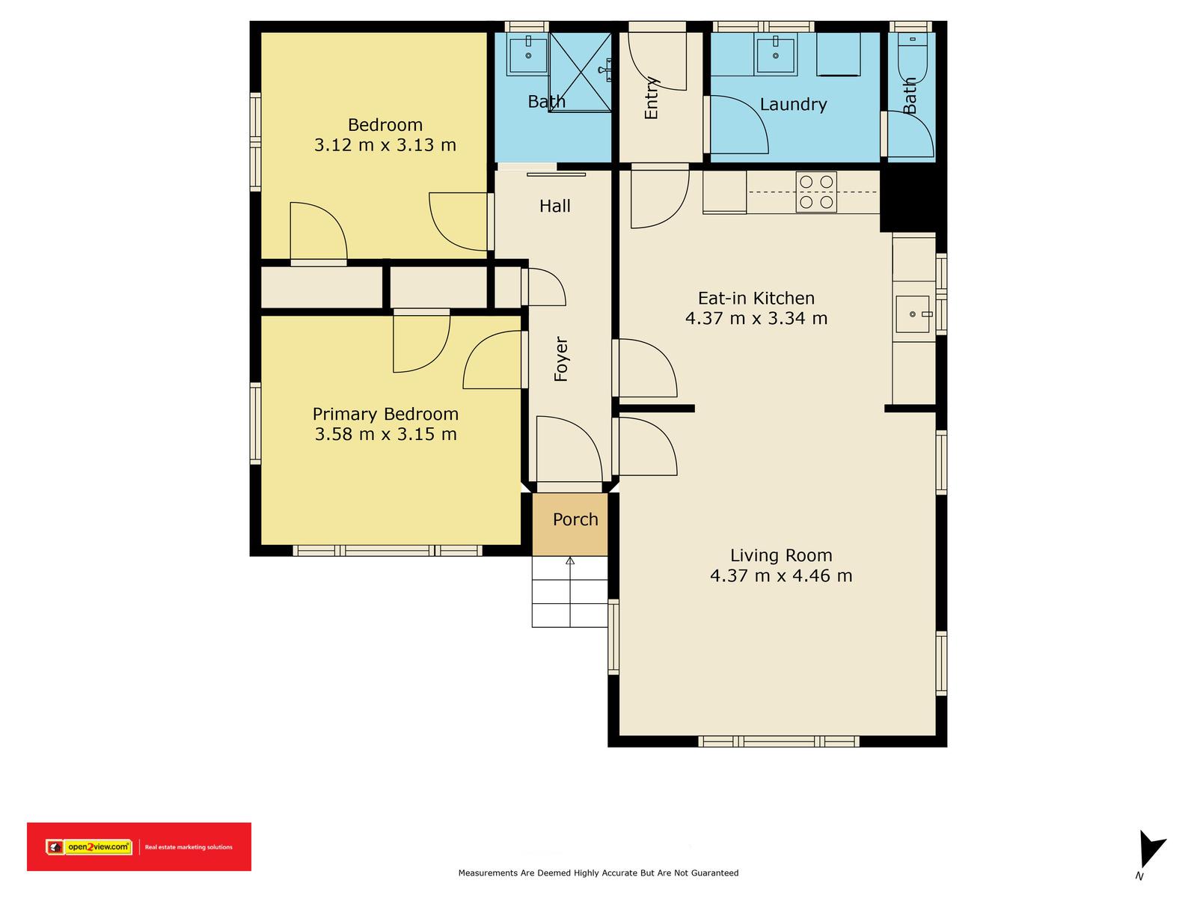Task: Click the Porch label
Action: (x=575, y=519)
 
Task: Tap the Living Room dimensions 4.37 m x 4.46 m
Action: (x=781, y=575)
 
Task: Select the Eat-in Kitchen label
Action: (x=756, y=299)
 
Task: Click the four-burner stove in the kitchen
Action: (x=816, y=192)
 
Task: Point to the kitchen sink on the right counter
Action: (x=912, y=314)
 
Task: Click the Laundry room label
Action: (x=794, y=104)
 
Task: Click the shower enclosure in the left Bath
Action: (x=581, y=73)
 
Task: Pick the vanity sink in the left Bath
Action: (x=528, y=53)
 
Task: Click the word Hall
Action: (x=555, y=206)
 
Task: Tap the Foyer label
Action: (x=561, y=358)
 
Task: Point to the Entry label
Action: (x=652, y=98)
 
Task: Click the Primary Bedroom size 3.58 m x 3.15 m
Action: (x=385, y=435)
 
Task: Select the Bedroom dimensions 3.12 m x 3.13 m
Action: (x=385, y=145)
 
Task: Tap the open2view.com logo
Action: (x=90, y=847)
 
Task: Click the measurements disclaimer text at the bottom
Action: (x=598, y=873)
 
